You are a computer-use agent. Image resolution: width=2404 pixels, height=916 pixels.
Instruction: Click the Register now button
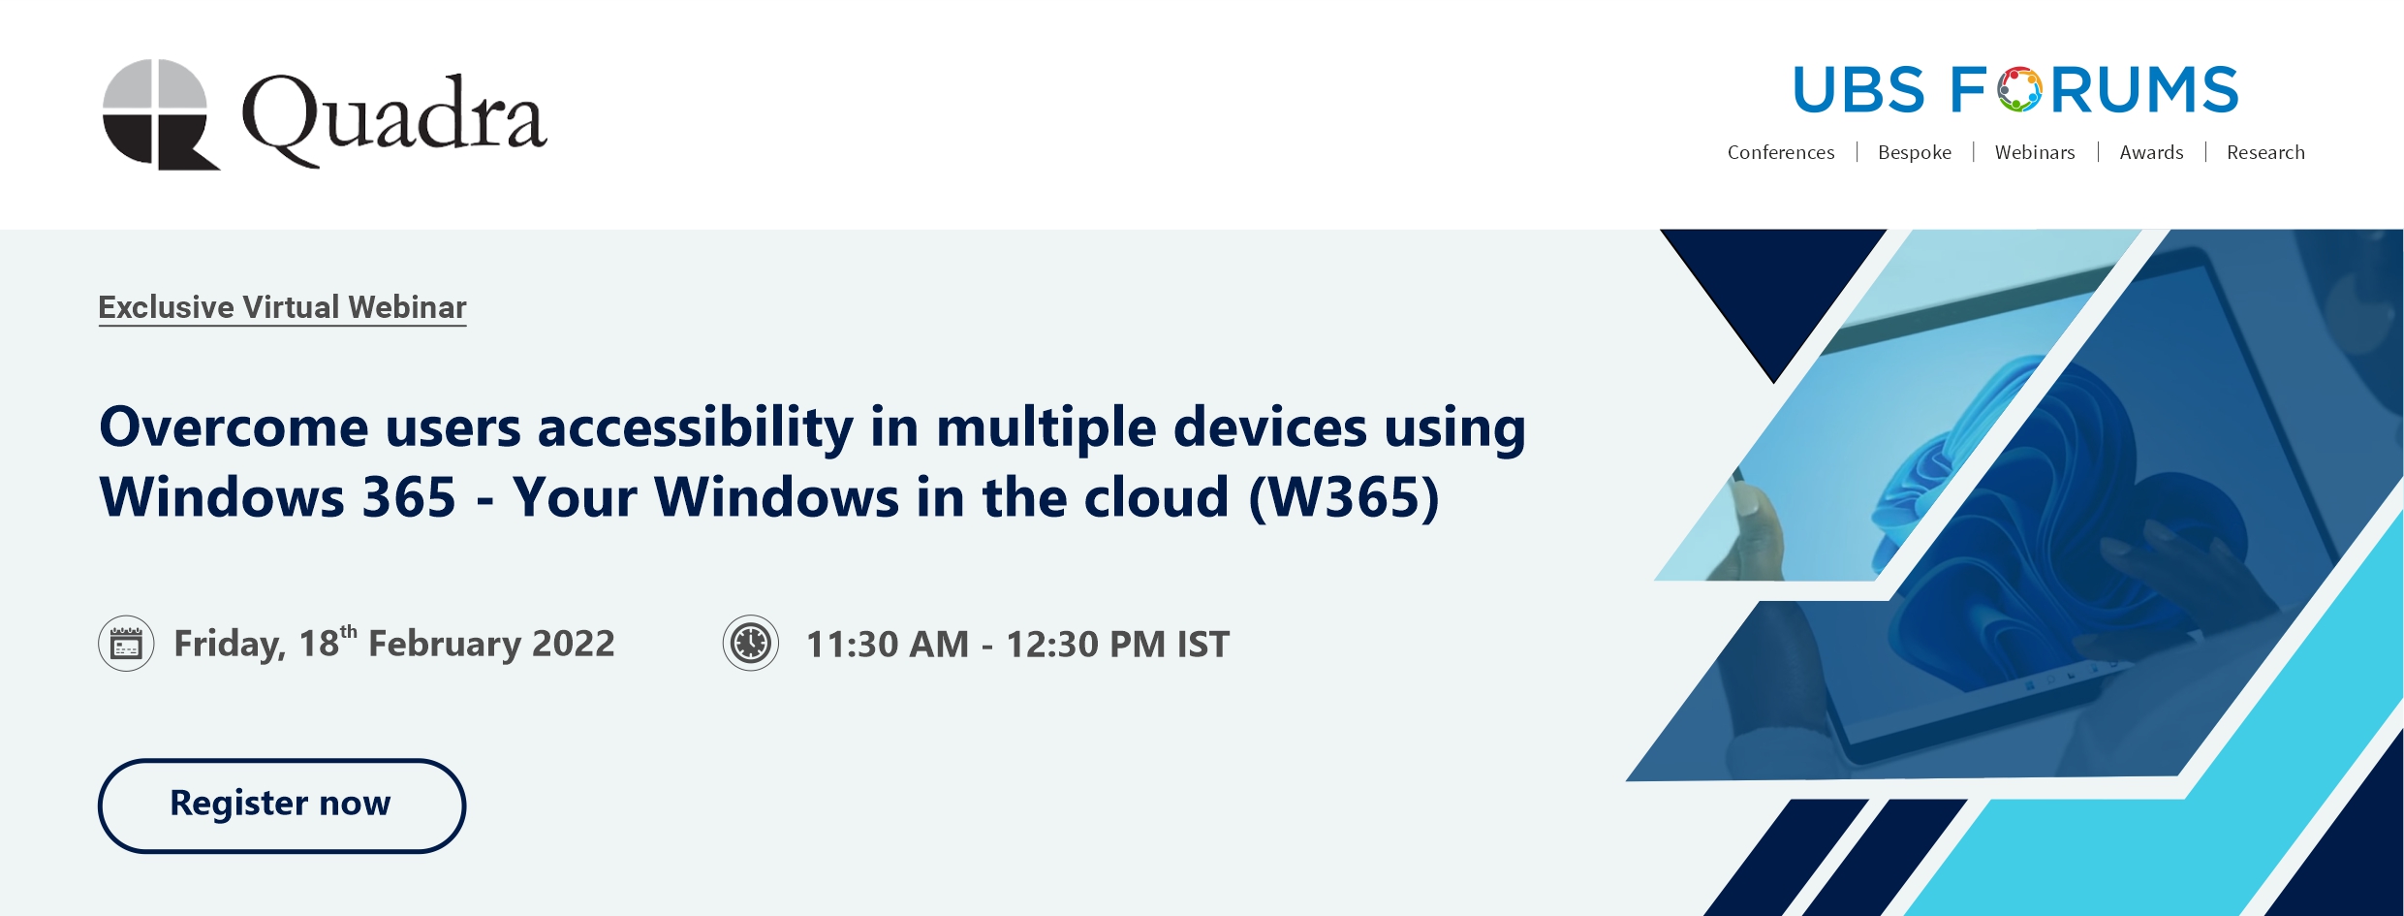pos(281,805)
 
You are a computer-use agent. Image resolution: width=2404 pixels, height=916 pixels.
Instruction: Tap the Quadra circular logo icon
pos(161,114)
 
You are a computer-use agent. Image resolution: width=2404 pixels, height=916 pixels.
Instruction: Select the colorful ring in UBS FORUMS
pos(2019,89)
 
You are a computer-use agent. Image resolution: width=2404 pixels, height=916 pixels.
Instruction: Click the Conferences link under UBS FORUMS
pos(1781,152)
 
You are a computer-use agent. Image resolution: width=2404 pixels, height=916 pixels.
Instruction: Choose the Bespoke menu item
pos(1915,152)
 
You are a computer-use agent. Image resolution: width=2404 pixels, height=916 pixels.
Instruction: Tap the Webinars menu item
pos(2035,152)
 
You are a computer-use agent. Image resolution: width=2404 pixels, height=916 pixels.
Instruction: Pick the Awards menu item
pos(2151,152)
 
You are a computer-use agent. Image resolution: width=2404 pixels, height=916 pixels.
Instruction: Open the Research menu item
pos(2265,152)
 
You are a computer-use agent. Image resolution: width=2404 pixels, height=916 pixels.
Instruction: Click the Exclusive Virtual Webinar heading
pos(282,307)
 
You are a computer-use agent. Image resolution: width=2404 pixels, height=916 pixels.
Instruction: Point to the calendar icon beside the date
pos(126,644)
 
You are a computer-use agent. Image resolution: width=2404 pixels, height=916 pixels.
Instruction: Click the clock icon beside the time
pos(751,644)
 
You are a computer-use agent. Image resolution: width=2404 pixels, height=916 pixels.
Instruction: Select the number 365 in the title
pos(409,497)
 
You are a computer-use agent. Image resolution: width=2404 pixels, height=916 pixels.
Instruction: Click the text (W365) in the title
pos(1344,498)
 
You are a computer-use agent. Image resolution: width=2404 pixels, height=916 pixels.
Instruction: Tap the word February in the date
pos(444,644)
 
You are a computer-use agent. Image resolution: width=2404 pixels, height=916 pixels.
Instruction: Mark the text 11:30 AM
pos(888,645)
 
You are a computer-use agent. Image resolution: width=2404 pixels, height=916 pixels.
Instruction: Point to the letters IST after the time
pos(1202,645)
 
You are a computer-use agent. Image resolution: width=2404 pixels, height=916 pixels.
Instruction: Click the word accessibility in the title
pos(696,428)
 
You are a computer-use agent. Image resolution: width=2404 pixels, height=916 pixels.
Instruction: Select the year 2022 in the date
pos(574,644)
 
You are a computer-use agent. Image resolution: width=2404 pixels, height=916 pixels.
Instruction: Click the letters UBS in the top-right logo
pos(1858,90)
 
